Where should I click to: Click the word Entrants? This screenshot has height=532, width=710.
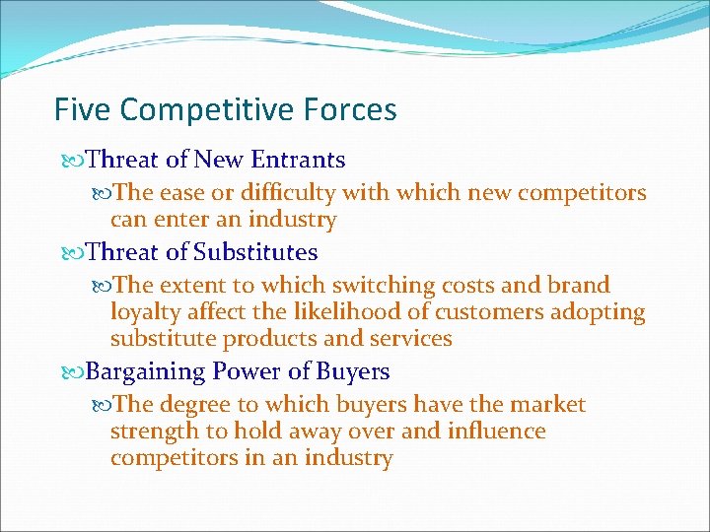click(299, 160)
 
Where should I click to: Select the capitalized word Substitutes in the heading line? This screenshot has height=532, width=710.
click(255, 253)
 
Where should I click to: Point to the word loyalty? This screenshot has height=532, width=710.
click(144, 313)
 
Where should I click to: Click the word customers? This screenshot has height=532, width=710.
click(477, 313)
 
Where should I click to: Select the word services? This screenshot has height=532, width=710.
click(408, 340)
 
